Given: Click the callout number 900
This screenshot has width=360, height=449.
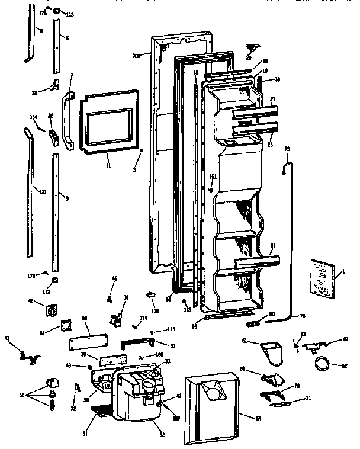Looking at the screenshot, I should point(136,56).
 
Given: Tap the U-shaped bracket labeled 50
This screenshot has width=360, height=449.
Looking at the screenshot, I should point(137,344).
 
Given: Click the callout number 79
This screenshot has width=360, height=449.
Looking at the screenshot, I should point(288,148).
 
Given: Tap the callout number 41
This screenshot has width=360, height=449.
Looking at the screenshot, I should point(7,339).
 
